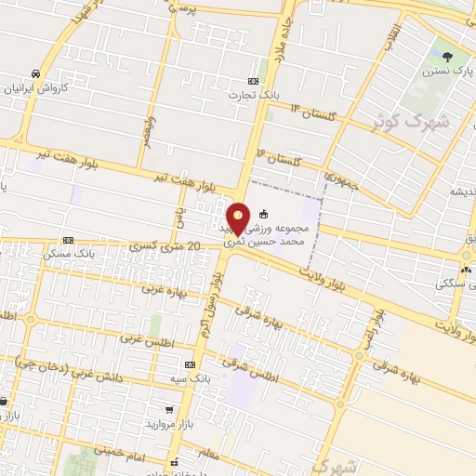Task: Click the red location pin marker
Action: pyautogui.click(x=238, y=218)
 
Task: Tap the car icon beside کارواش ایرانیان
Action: pyautogui.click(x=35, y=73)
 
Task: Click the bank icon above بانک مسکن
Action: pyautogui.click(x=68, y=239)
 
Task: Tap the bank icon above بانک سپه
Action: pyautogui.click(x=190, y=365)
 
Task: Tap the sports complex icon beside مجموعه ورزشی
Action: pyautogui.click(x=263, y=212)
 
